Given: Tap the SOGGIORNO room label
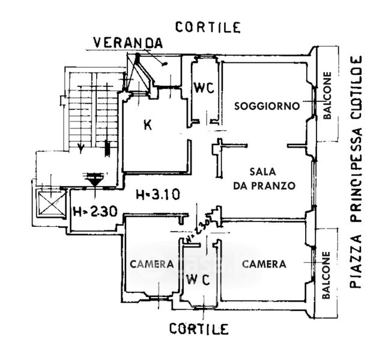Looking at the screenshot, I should coord(267,106).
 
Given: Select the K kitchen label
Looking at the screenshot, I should coord(147,125).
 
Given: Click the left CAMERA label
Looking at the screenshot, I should coord(152,264).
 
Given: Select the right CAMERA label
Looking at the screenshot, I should coord(264,263).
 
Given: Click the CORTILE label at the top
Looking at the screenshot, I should coord(208,26).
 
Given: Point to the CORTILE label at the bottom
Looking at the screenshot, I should coord(198,329).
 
